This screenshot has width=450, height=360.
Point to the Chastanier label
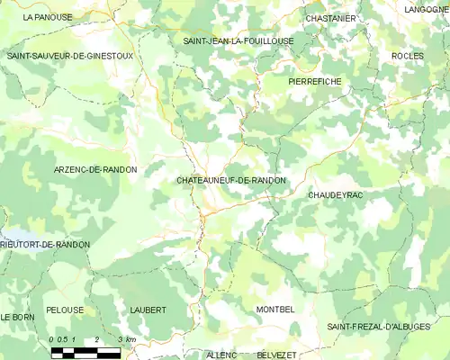[x=331, y=17]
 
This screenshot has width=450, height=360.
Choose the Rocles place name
[x=407, y=56]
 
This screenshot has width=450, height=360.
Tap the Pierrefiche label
[x=314, y=81]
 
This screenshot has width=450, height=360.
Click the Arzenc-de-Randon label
[x=95, y=169]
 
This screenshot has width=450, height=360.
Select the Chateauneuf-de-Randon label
[x=231, y=180]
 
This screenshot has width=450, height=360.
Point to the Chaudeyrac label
[x=335, y=194]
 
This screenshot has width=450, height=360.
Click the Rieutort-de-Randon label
[x=45, y=244]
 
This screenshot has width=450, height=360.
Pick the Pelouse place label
[x=65, y=310]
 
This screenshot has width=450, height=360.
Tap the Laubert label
[x=148, y=310]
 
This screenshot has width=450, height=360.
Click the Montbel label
[x=274, y=310]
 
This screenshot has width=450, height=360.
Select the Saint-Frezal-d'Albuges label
[x=379, y=326]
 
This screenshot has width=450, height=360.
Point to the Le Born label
[x=16, y=318]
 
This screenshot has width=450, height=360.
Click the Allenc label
[x=221, y=355]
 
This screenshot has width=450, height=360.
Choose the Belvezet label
[x=276, y=355]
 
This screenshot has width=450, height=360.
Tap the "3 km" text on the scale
[x=126, y=339]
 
